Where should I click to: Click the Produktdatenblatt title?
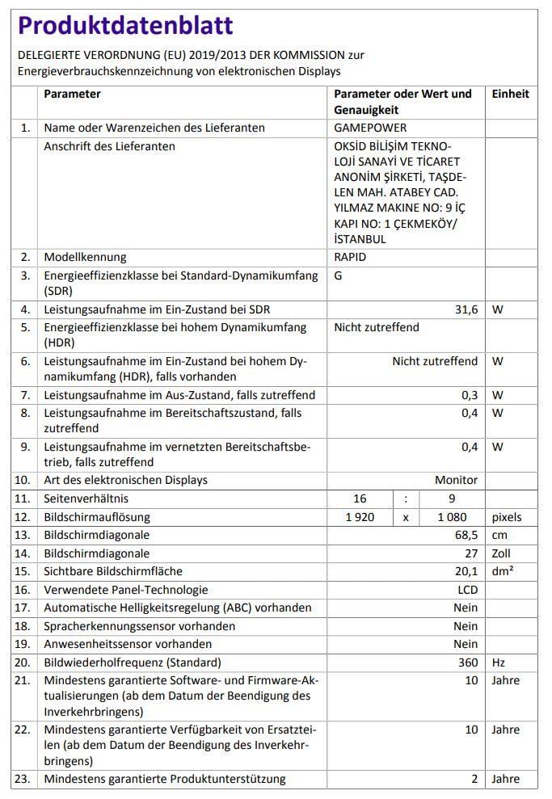point(125,26)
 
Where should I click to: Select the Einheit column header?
point(510,94)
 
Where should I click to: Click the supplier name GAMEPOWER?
point(370,128)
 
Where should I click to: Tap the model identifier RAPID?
point(350,257)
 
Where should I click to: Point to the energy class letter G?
point(339,275)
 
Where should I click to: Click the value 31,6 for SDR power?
point(466,309)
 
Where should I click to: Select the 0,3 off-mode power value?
point(470,395)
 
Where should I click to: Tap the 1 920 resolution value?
point(360,517)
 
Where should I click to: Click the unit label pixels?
point(507,517)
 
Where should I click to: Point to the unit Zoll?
point(503,553)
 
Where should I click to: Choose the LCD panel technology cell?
point(467,590)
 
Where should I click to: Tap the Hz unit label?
point(499,662)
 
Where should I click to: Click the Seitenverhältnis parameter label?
point(86,498)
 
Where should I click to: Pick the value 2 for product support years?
point(474,779)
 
